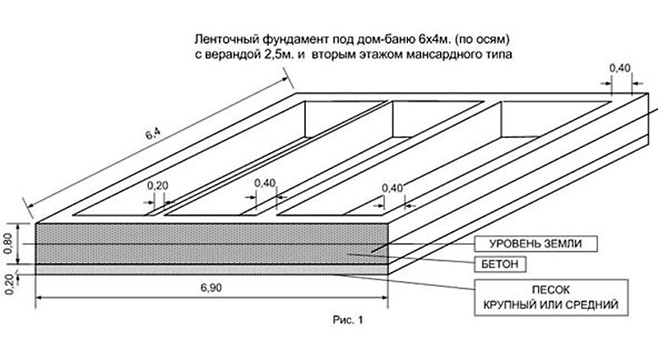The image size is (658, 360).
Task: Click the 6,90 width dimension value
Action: [x=211, y=288]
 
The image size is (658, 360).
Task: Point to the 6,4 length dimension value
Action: [x=153, y=135]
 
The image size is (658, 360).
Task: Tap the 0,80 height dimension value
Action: [x=8, y=244]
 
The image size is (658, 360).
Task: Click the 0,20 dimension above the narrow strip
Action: [x=157, y=186]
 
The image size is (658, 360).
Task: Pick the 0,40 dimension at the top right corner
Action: [x=620, y=68]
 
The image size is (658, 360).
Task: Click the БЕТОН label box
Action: [x=500, y=264]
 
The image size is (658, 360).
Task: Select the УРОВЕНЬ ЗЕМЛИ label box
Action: [x=536, y=243]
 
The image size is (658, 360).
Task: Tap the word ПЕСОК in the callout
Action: [x=550, y=290]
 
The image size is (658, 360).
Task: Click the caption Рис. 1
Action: [x=348, y=321]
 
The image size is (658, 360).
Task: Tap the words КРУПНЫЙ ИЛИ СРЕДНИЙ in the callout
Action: [x=551, y=304]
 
